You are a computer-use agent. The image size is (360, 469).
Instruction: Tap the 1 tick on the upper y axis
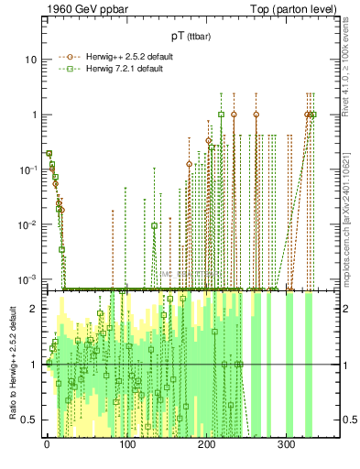(x=35, y=115)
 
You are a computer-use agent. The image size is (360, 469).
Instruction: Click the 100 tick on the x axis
(x=126, y=444)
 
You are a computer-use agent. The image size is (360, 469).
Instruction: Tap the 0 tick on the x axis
(x=47, y=444)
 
